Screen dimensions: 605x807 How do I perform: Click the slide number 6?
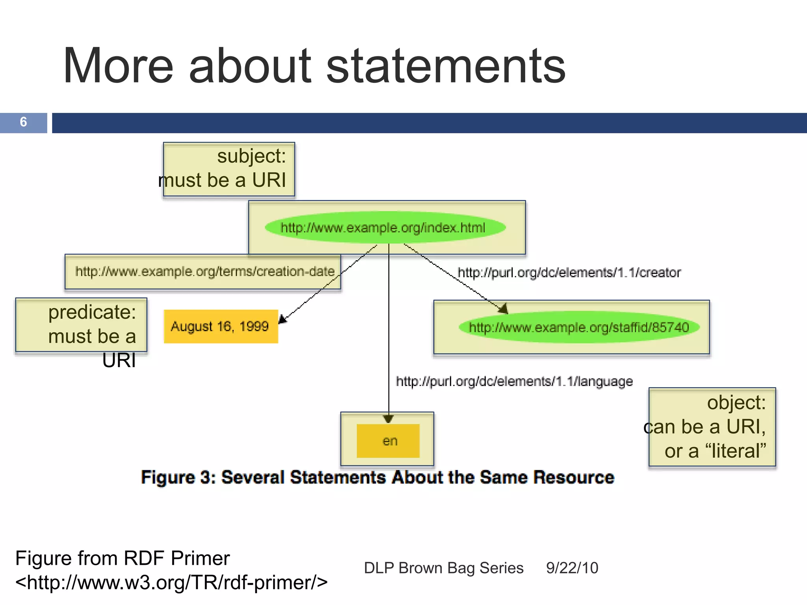point(23,122)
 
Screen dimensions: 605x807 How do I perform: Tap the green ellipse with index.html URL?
point(385,228)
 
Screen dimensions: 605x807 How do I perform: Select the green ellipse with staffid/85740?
point(578,327)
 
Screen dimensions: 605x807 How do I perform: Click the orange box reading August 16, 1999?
point(221,327)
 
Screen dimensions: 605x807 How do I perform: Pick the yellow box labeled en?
point(388,441)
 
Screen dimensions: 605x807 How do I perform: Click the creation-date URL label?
point(205,271)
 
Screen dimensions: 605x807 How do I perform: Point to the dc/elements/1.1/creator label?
point(569,273)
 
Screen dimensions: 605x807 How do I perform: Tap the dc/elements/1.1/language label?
point(514,381)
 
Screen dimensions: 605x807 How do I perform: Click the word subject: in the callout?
point(251,156)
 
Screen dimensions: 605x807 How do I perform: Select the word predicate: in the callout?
point(92,312)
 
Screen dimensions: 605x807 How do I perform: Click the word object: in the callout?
point(736,403)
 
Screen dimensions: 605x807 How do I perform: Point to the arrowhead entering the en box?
point(389,418)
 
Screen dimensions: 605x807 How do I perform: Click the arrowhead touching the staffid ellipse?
point(503,309)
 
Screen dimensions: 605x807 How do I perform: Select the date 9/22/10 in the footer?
point(572,568)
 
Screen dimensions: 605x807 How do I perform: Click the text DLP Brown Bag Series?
point(443,568)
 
